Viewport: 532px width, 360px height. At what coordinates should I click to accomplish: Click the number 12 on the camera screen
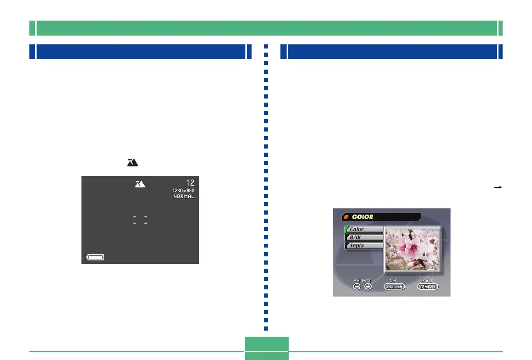(x=190, y=183)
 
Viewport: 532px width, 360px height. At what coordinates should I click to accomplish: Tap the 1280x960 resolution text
(x=184, y=191)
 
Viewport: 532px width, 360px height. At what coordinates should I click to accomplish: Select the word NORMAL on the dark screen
(x=184, y=197)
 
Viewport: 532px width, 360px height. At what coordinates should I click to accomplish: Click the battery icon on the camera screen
(x=95, y=257)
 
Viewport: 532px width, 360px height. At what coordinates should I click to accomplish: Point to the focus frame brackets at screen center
(x=140, y=220)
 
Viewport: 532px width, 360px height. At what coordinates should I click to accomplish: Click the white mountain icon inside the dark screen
(x=140, y=184)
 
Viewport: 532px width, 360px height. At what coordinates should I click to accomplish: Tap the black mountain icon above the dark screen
(x=132, y=162)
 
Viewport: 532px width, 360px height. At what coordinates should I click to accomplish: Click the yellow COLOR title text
(x=363, y=217)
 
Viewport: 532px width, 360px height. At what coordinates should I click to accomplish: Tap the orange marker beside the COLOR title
(x=346, y=217)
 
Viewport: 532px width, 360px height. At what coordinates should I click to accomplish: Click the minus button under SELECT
(x=357, y=287)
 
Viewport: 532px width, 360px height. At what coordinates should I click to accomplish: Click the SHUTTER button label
(x=394, y=287)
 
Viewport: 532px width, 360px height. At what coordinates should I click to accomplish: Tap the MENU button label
(x=427, y=287)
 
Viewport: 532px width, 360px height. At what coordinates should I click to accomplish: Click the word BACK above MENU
(x=427, y=281)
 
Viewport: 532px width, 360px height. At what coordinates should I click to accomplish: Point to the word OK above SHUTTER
(x=394, y=281)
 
